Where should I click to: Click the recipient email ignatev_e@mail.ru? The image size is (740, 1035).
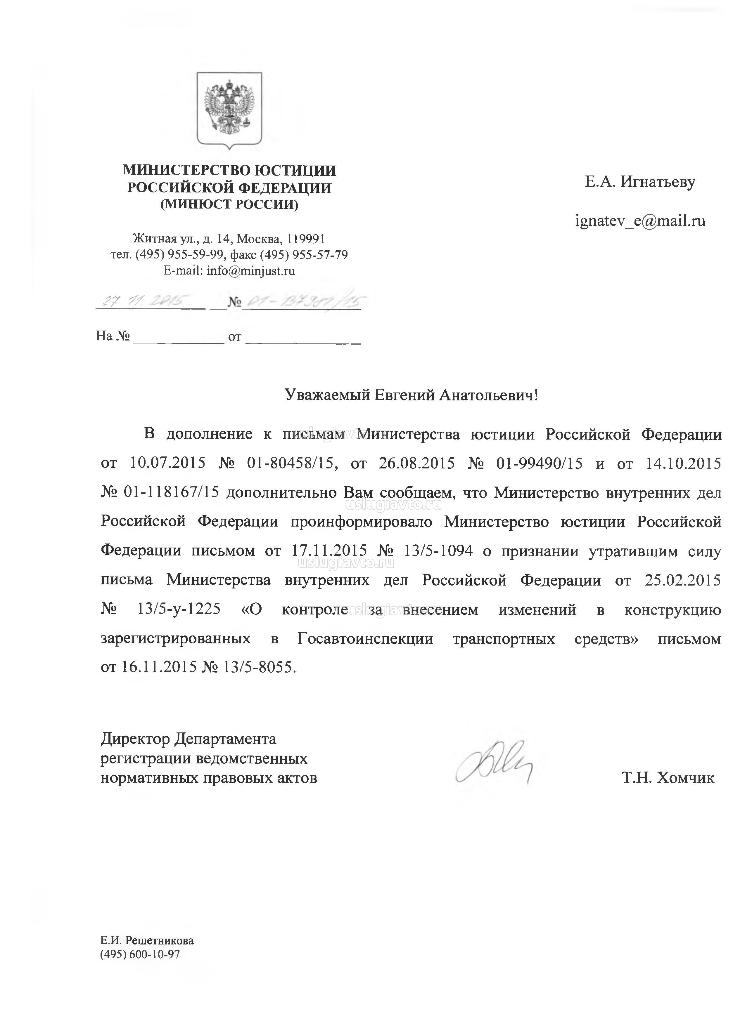point(640,221)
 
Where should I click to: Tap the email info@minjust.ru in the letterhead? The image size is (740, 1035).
point(251,271)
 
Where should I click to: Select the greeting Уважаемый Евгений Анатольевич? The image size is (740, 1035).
point(412,395)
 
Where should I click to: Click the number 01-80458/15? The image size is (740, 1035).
point(292,463)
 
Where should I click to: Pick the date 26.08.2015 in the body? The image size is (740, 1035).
point(416,463)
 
